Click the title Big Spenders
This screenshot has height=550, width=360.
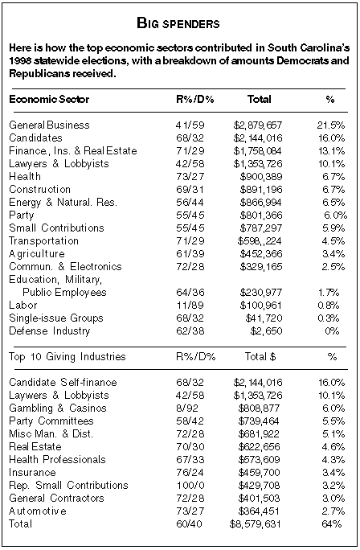point(178,23)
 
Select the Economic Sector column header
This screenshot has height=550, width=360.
point(49,99)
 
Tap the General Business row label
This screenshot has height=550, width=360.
point(50,125)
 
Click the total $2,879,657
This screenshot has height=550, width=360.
point(258,125)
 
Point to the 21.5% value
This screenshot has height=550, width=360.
point(331,125)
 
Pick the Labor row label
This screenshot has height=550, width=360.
point(23,306)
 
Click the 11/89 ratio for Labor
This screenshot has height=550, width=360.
point(190,306)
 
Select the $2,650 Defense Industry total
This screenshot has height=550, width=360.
point(266,331)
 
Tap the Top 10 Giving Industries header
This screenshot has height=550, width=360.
point(67,357)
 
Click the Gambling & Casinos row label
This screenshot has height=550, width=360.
point(58,408)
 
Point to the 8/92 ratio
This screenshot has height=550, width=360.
point(187,408)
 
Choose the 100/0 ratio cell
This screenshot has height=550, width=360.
point(190,486)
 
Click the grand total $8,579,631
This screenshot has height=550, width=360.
point(256,524)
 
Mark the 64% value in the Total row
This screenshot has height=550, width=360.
point(331,524)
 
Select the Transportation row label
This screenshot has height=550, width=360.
point(44,241)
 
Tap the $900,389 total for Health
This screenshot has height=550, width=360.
point(261,177)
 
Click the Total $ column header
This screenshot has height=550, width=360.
point(260,357)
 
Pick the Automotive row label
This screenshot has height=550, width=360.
point(38,511)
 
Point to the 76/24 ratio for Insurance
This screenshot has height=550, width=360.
point(190,473)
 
